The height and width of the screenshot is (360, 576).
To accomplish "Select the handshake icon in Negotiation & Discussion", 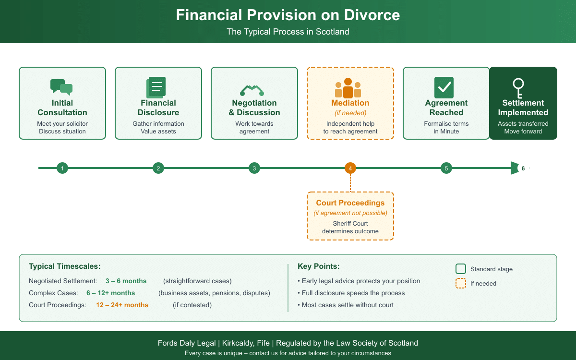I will click(x=253, y=89).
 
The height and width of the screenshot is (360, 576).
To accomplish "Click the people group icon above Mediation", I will click(x=348, y=88).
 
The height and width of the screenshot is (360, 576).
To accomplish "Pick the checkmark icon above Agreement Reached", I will click(x=444, y=87).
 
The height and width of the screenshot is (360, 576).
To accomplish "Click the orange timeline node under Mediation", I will click(x=350, y=168).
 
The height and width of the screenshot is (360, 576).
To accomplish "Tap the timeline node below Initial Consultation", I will click(x=62, y=168).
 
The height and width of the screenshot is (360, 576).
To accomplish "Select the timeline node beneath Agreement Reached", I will click(x=446, y=168).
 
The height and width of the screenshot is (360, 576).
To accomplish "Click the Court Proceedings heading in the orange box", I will click(x=350, y=203).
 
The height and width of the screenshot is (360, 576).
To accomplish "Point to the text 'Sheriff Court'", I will click(x=350, y=224).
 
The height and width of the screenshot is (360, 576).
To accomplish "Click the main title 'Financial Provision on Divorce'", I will click(x=288, y=15).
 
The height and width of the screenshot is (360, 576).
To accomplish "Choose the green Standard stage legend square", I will click(x=461, y=269).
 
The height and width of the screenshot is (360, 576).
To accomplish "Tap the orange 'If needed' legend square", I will click(x=461, y=284).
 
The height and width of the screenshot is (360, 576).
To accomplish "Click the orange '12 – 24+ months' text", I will click(x=122, y=305).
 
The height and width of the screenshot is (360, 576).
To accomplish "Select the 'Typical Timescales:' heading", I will click(x=65, y=267).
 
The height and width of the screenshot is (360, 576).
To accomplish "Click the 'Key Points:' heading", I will click(x=319, y=267).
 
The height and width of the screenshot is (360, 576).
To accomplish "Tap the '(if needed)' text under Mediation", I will click(x=350, y=113).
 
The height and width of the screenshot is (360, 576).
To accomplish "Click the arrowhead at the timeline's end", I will click(x=515, y=168).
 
